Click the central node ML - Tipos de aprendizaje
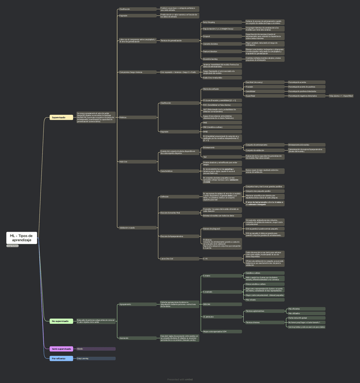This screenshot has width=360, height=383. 22,238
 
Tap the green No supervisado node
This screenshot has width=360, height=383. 61,321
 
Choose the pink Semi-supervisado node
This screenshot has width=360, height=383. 61,349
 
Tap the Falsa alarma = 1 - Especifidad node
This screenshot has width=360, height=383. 341,96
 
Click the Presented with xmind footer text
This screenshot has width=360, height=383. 180,379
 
